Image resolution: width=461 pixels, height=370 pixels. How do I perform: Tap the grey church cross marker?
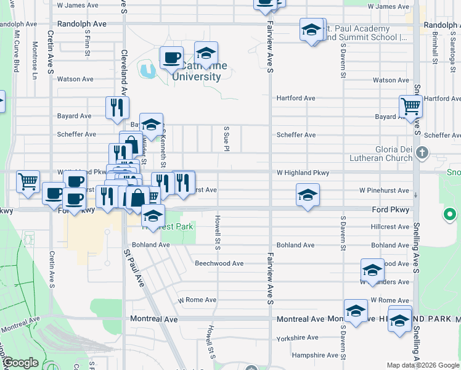click(422, 152)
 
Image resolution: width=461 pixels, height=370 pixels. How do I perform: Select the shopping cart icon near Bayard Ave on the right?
click(410, 106)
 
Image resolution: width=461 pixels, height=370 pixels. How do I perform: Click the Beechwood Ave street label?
click(219, 263)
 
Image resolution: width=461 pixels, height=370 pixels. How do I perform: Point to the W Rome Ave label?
click(197, 300)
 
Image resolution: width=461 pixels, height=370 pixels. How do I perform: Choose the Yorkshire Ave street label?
click(297, 337)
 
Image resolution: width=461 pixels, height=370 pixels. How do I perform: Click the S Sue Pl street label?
click(227, 139)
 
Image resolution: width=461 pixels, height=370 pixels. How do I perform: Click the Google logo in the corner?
click(20, 363)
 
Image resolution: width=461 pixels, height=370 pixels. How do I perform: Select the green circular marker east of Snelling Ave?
click(450, 215)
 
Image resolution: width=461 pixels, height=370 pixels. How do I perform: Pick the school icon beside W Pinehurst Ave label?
click(308, 195)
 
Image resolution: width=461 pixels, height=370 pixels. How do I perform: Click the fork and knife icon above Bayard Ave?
click(117, 107)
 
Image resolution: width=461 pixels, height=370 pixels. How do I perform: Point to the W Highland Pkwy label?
click(303, 173)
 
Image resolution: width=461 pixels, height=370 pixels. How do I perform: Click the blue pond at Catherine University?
click(147, 70)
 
